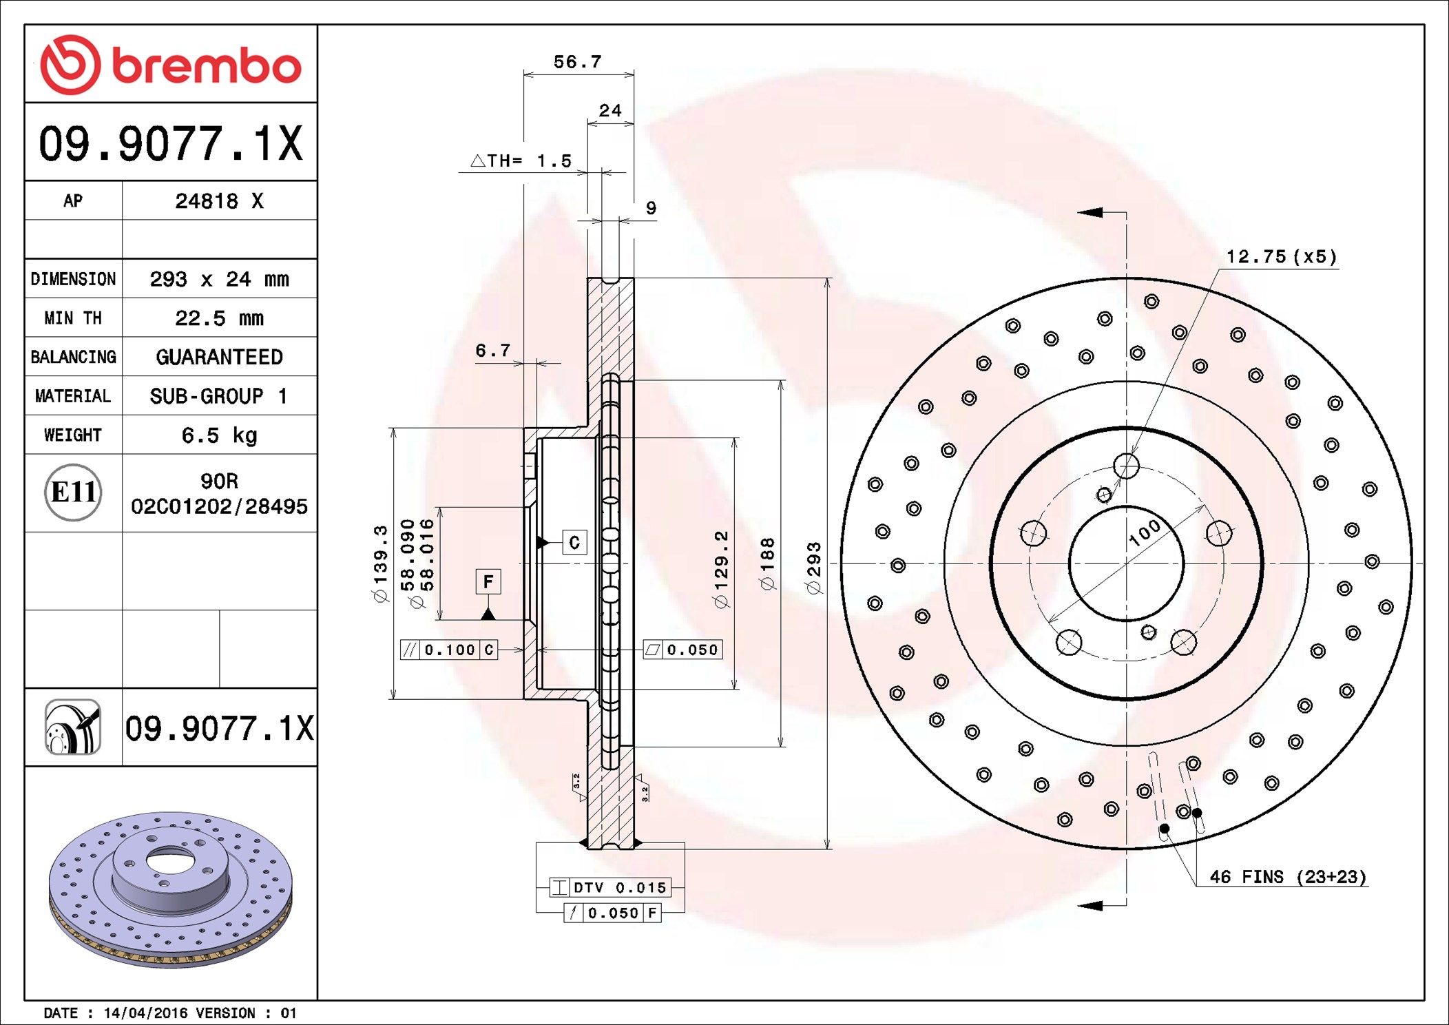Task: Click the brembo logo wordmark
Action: tap(207, 66)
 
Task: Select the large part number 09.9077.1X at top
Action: tap(171, 143)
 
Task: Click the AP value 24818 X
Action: tap(219, 201)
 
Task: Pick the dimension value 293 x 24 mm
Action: tap(219, 279)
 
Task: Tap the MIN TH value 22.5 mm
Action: tap(219, 318)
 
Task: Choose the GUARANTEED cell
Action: tap(219, 357)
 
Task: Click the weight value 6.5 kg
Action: tap(219, 435)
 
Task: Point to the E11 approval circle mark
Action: tap(73, 492)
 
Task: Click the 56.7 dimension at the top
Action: tap(578, 62)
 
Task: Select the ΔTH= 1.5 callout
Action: tap(521, 161)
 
